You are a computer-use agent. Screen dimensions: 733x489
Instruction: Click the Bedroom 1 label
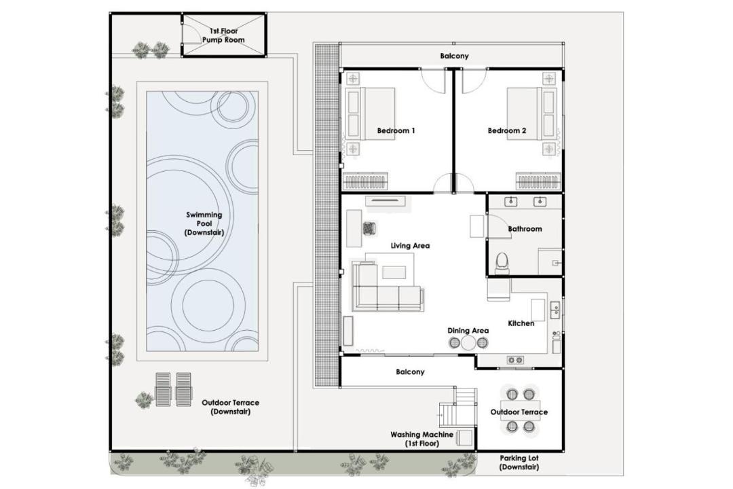pyautogui.click(x=396, y=130)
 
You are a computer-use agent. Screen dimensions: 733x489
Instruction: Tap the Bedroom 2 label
pyautogui.click(x=507, y=130)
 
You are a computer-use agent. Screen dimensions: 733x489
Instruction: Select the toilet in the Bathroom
pyautogui.click(x=502, y=263)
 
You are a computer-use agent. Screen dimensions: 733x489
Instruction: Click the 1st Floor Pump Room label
pyautogui.click(x=223, y=35)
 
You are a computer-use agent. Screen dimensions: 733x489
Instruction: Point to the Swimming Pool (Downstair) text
pyautogui.click(x=204, y=223)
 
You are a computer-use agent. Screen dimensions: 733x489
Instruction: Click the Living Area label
pyautogui.click(x=410, y=245)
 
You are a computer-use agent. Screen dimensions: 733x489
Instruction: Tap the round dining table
pyautogui.click(x=468, y=343)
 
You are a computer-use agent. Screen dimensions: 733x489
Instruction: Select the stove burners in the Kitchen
pyautogui.click(x=515, y=360)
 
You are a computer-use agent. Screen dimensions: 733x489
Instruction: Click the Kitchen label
pyautogui.click(x=521, y=323)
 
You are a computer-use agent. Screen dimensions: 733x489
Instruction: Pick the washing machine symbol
pyautogui.click(x=464, y=437)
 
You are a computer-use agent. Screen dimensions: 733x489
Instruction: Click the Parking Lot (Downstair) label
pyautogui.click(x=519, y=463)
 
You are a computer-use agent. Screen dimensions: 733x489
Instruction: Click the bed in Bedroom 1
pyautogui.click(x=370, y=113)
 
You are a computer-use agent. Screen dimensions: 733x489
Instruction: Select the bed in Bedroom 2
pyautogui.click(x=532, y=113)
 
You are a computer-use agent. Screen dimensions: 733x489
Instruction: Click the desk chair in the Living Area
pyautogui.click(x=370, y=228)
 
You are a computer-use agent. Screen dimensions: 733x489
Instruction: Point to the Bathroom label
pyautogui.click(x=525, y=229)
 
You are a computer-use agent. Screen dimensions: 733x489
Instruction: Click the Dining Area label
pyautogui.click(x=468, y=330)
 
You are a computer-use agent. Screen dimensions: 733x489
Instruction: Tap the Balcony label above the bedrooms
pyautogui.click(x=454, y=56)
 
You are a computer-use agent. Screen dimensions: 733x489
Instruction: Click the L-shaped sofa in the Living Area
pyautogui.click(x=387, y=287)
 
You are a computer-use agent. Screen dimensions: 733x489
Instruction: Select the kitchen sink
pyautogui.click(x=555, y=310)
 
